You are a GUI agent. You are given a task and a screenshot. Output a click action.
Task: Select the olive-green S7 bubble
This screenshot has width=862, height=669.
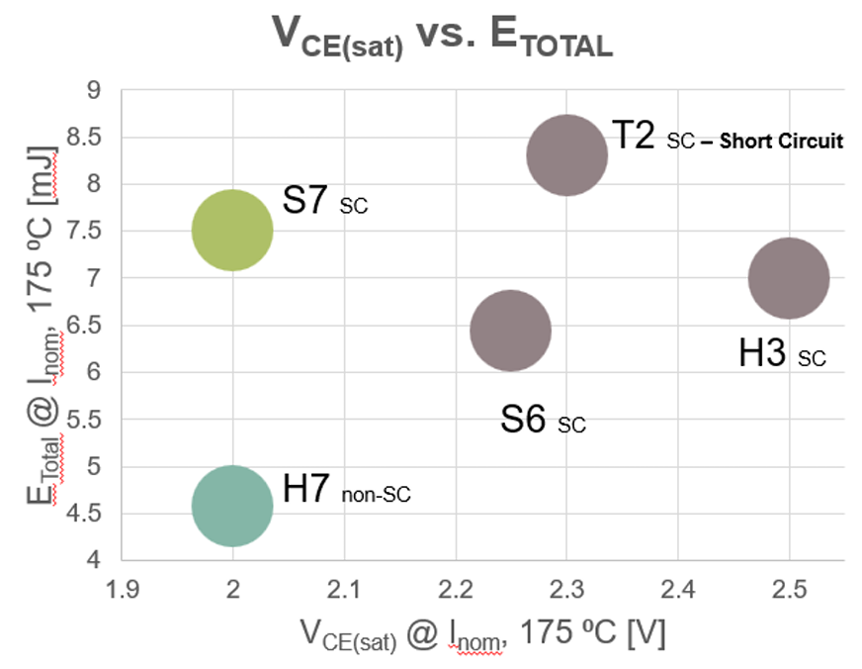231,231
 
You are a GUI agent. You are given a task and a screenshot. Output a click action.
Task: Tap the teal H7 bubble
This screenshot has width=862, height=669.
231,506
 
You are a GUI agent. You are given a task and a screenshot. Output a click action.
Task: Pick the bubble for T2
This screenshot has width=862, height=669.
566,155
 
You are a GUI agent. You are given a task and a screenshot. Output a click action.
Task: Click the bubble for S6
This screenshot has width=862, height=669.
510,331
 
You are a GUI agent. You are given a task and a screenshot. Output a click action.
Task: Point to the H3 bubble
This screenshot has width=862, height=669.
788,279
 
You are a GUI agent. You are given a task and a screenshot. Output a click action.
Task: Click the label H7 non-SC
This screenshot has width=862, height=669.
346,491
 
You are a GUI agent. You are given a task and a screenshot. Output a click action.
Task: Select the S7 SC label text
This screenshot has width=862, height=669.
325,202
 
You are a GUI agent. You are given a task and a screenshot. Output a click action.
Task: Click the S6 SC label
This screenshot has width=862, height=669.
543,421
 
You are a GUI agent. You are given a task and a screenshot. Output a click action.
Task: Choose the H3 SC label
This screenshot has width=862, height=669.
781,354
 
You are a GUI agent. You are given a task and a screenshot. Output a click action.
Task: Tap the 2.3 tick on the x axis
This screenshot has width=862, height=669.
566,591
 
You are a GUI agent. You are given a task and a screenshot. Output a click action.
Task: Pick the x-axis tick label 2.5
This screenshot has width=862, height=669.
789,591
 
